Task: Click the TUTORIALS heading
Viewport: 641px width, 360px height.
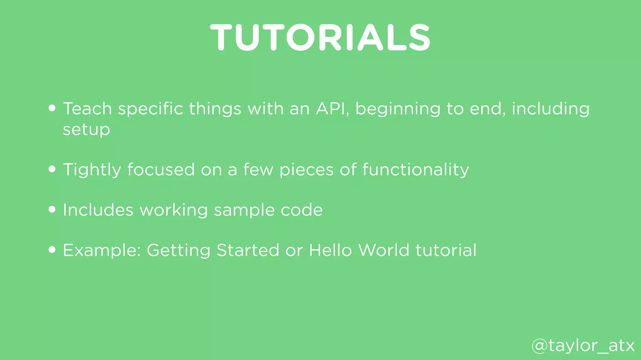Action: [320, 37]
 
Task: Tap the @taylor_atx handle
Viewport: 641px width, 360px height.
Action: [583, 346]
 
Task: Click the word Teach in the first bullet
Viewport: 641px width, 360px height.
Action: [87, 109]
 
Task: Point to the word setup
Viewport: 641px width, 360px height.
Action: [86, 130]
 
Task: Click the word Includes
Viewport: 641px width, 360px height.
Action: [98, 210]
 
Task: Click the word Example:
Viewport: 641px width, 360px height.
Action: [102, 251]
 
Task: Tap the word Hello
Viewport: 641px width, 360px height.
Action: [330, 250]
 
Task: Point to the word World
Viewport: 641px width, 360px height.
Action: [383, 250]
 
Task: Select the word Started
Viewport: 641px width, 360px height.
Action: [248, 250]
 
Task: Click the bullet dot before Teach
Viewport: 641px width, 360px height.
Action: [52, 108]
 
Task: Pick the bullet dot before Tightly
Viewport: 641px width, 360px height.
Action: [52, 169]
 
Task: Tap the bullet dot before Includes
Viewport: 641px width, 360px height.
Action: [52, 209]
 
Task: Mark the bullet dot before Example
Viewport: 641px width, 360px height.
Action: [52, 250]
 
